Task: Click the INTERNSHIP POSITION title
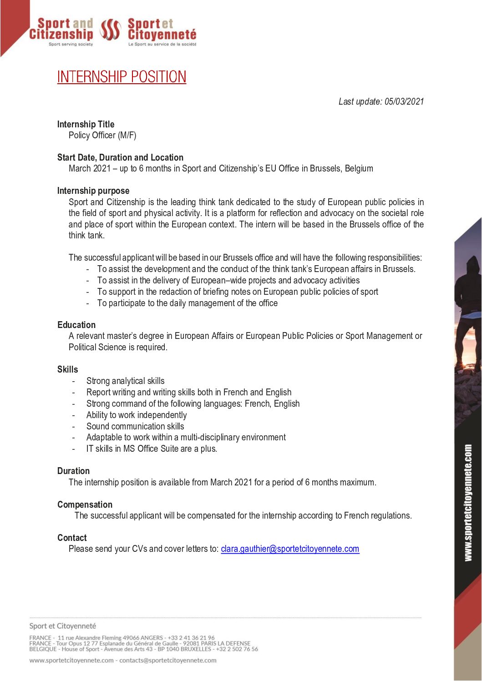[x=122, y=77]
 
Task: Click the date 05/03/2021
[x=404, y=101]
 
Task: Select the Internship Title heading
[x=86, y=124]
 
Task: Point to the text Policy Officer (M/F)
[x=102, y=135]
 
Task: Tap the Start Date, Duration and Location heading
[x=120, y=157]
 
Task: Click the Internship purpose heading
[x=93, y=191]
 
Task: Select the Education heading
[x=76, y=325]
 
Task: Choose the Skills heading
[x=67, y=369]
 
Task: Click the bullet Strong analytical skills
[x=125, y=381]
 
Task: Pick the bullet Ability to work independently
[x=137, y=415]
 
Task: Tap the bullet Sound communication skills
[x=135, y=426]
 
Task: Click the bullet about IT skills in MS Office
[x=152, y=449]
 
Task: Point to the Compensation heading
[x=85, y=504]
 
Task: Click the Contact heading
[x=72, y=538]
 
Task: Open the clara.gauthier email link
[x=290, y=549]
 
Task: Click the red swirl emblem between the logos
[x=110, y=30]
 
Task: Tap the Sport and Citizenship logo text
[x=61, y=29]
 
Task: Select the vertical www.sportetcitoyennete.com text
[x=468, y=503]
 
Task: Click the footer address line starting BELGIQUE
[x=143, y=649]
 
